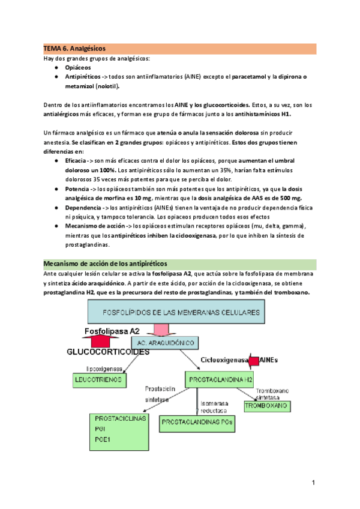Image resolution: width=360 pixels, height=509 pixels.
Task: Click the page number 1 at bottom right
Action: pyautogui.click(x=313, y=482)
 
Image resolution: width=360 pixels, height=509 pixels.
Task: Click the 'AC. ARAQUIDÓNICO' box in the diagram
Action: pyautogui.click(x=172, y=343)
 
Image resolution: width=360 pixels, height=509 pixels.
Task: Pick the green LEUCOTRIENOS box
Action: pyautogui.click(x=98, y=379)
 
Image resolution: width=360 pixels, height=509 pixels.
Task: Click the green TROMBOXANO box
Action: pyautogui.click(x=266, y=406)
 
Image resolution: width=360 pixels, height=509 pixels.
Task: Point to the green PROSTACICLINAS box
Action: pyautogui.click(x=119, y=430)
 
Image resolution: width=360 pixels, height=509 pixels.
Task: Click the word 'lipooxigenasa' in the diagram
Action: pyautogui.click(x=89, y=367)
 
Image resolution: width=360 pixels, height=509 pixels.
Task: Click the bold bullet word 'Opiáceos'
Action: pyautogui.click(x=79, y=68)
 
